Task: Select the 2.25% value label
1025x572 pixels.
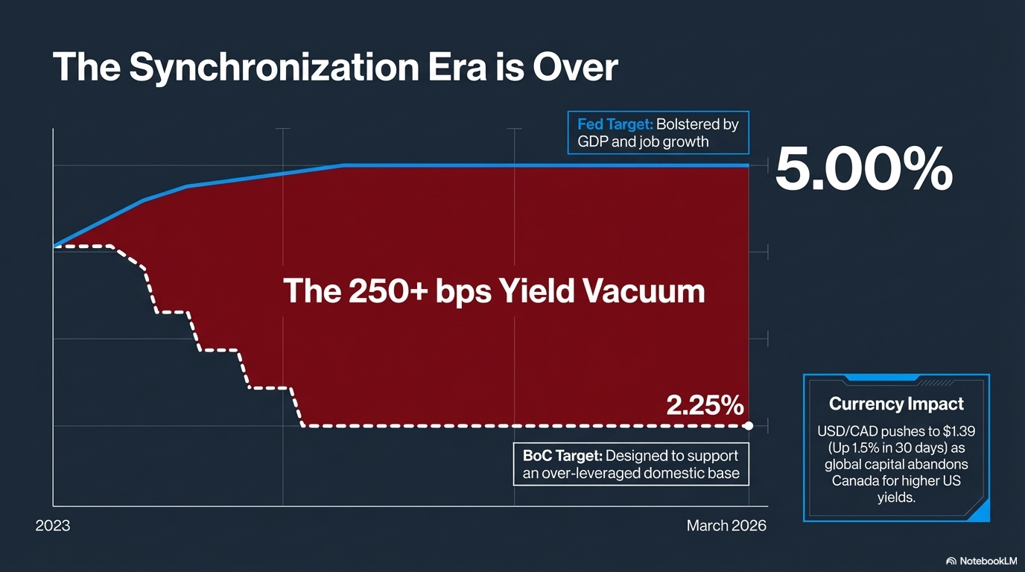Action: coord(705,405)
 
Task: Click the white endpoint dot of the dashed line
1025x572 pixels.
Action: coord(748,426)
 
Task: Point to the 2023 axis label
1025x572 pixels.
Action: coord(53,526)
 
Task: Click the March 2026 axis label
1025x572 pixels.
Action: coord(726,526)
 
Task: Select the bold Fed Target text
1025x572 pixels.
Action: coord(615,124)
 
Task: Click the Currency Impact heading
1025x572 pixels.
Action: coord(896,404)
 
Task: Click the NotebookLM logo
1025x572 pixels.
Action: coord(980,560)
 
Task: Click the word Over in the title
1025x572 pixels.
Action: coord(574,68)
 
